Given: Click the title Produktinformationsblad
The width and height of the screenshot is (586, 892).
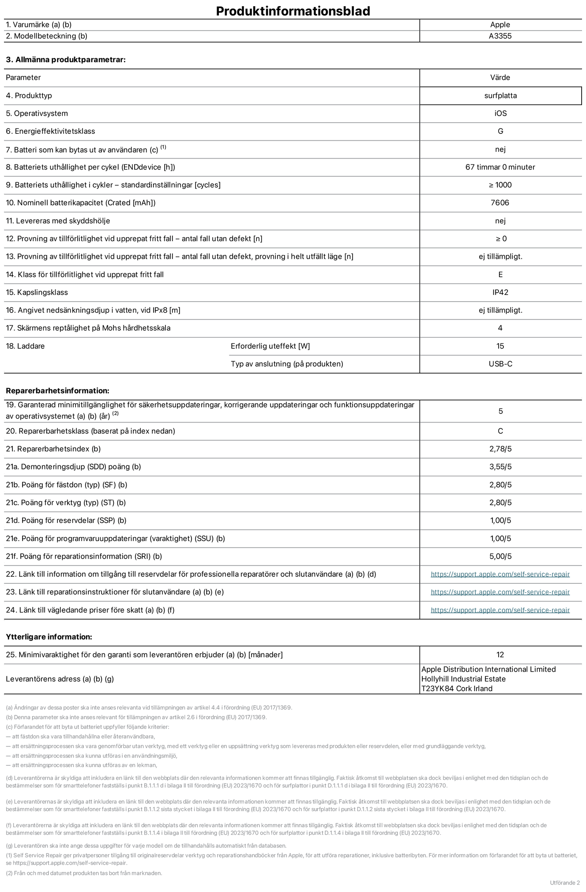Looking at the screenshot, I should (x=293, y=11).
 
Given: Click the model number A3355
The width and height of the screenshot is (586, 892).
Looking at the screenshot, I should (x=500, y=36).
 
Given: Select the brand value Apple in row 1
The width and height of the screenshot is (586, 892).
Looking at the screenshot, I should (x=500, y=25).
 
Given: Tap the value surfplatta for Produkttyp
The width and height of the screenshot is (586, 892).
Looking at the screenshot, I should (x=500, y=95).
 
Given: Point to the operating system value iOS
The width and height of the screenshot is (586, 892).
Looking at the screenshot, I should (x=500, y=113).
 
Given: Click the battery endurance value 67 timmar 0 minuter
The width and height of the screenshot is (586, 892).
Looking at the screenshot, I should (x=500, y=167).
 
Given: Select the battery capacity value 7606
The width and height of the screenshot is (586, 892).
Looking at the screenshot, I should (x=500, y=203).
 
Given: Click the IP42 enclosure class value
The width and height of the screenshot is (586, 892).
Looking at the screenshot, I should (x=500, y=292).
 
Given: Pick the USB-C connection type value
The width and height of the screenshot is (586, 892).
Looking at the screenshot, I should (x=500, y=364).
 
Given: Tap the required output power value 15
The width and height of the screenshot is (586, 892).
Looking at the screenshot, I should (x=500, y=346).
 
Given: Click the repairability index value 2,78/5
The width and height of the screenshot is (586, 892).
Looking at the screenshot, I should (x=500, y=449).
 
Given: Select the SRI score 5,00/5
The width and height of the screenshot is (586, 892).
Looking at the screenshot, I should (x=500, y=556).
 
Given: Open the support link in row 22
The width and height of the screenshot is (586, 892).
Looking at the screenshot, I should (x=500, y=574).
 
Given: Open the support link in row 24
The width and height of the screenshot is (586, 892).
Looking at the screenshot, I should (x=500, y=610).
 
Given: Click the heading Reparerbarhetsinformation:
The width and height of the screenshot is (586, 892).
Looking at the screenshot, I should (x=57, y=391).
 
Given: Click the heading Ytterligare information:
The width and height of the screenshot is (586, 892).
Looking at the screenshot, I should (x=49, y=637).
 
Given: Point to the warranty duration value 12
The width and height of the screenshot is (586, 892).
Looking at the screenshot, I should (x=500, y=655).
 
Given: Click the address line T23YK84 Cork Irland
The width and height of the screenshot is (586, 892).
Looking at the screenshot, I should (x=457, y=688).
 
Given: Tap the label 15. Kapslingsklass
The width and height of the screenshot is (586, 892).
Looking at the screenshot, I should (x=37, y=292).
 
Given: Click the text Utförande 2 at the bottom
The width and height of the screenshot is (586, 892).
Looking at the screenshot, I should (x=565, y=883).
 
